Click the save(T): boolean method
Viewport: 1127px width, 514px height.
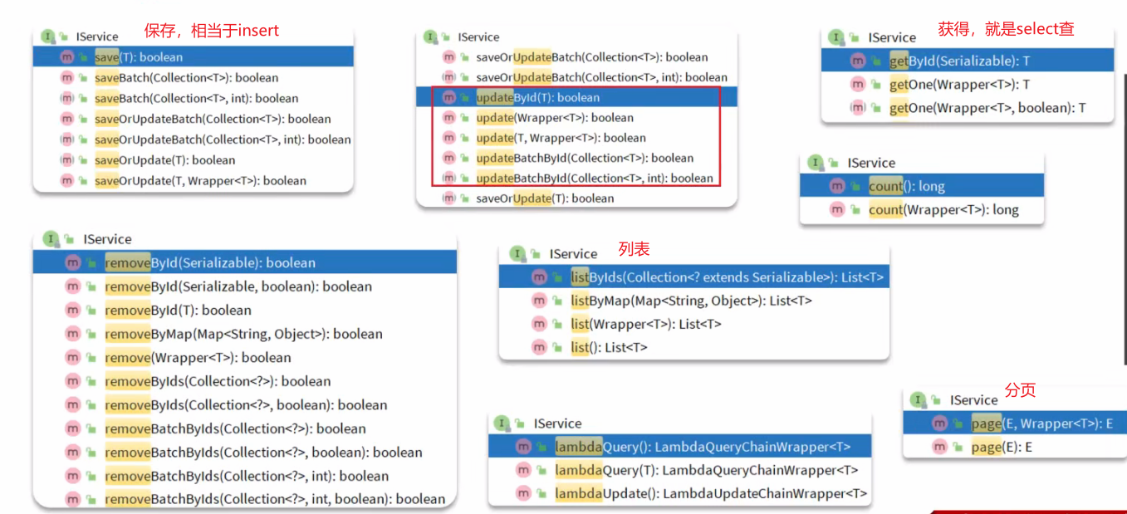(x=139, y=57)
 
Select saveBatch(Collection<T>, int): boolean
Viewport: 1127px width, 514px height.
(x=196, y=98)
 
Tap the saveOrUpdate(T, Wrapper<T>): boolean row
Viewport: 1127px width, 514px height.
(x=200, y=181)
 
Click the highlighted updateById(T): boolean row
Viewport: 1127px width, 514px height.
(x=537, y=97)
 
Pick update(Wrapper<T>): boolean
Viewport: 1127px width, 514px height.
(x=554, y=118)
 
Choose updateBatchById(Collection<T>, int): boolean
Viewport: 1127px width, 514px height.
(x=594, y=178)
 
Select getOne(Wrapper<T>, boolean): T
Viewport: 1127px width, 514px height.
(x=987, y=107)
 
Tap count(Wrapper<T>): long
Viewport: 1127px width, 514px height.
(x=943, y=210)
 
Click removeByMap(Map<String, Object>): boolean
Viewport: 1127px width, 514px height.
(x=243, y=334)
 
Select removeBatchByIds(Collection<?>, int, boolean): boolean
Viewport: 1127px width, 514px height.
(x=275, y=499)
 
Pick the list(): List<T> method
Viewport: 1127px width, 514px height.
(x=609, y=347)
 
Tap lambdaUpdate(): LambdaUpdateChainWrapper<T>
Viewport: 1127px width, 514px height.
(x=711, y=493)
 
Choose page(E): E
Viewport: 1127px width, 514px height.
(x=1002, y=447)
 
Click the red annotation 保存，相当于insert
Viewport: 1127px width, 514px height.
(x=212, y=31)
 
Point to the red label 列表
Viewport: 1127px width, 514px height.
(x=634, y=248)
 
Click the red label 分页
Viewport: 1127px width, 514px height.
(x=1020, y=390)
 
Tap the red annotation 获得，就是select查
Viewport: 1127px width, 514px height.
(x=1006, y=29)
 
